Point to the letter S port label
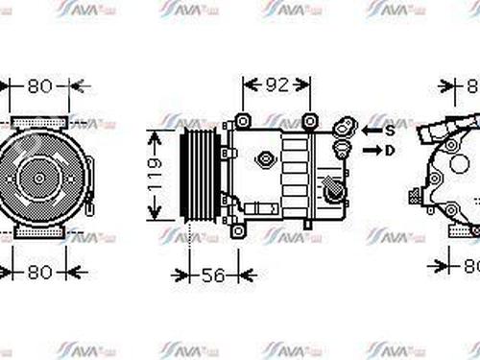[x=390, y=129]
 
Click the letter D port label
[x=390, y=150]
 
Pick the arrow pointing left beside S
[x=370, y=129]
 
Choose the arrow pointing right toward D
[x=370, y=150]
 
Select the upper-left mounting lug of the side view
[x=241, y=122]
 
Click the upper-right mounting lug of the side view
[x=308, y=122]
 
